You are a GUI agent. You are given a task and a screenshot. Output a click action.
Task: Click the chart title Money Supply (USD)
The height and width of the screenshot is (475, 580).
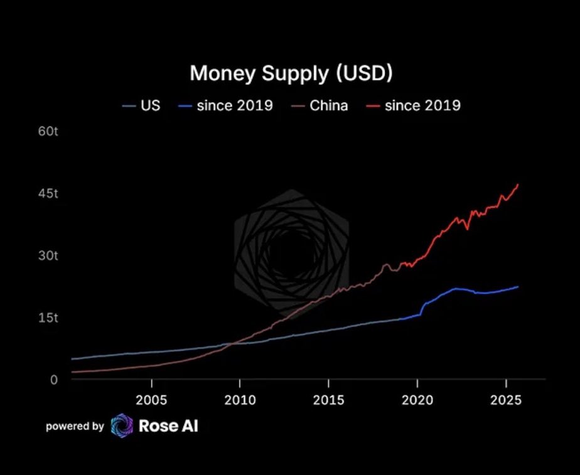click(x=291, y=73)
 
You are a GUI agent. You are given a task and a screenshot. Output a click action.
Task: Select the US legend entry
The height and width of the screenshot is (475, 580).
click(x=142, y=105)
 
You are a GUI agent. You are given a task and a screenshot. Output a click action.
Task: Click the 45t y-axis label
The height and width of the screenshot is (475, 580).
click(x=48, y=193)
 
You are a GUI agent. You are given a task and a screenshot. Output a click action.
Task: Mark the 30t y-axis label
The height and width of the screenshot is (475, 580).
click(x=48, y=255)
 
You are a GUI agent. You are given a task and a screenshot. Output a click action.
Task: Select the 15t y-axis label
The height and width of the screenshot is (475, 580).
click(x=48, y=318)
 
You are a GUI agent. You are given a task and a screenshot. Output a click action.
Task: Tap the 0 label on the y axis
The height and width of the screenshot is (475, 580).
click(x=54, y=380)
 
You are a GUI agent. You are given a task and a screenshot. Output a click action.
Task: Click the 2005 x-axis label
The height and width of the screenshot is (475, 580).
click(x=151, y=400)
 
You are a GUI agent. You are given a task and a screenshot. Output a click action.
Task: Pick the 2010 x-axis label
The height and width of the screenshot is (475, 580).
click(x=240, y=400)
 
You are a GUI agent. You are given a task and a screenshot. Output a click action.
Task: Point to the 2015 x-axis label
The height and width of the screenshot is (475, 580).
click(x=328, y=400)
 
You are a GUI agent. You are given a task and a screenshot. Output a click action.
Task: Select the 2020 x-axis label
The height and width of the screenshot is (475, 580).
click(x=417, y=400)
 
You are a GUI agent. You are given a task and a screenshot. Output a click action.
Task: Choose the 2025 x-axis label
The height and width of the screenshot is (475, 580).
click(x=506, y=400)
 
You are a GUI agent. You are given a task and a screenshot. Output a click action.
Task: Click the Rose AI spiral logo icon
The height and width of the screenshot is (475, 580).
click(x=122, y=426)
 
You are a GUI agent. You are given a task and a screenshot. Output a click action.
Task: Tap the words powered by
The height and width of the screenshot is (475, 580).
click(x=75, y=427)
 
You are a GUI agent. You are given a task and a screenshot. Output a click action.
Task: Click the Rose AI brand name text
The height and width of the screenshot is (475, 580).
click(x=168, y=426)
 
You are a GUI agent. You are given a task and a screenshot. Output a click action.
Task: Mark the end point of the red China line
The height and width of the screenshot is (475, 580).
click(x=518, y=185)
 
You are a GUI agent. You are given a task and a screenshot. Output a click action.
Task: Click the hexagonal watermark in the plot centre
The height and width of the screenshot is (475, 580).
click(x=291, y=251)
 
